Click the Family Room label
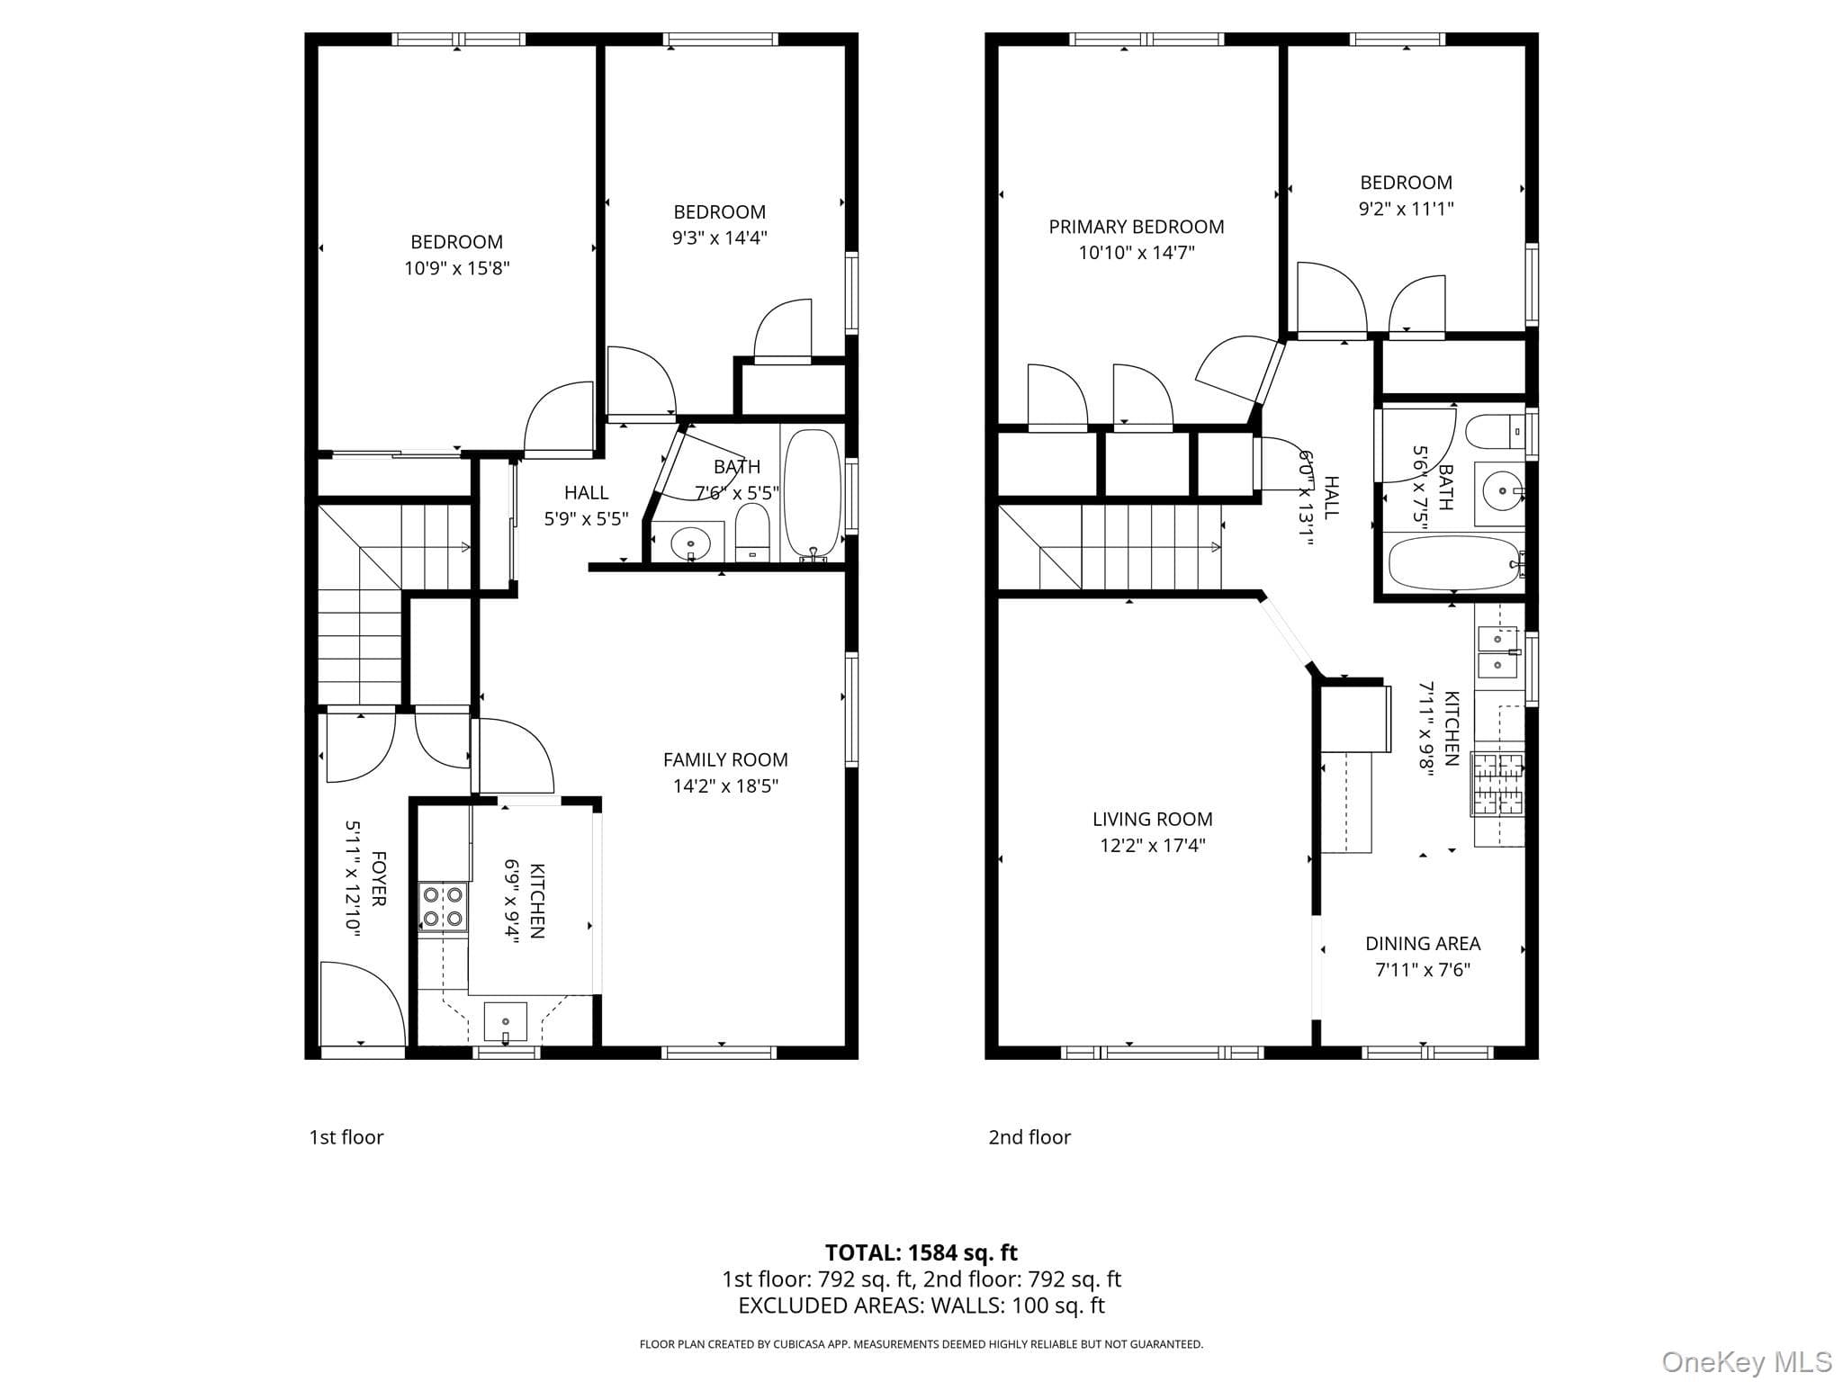(725, 759)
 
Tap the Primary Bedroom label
(1137, 227)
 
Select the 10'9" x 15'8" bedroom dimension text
(457, 268)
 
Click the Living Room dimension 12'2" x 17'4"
(1153, 845)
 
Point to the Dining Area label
(1423, 943)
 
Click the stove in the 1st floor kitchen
(443, 906)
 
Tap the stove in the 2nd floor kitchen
(1498, 784)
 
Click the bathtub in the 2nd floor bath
(1453, 562)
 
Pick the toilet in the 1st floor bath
(752, 531)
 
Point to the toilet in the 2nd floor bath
(1495, 431)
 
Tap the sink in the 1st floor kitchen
(506, 1022)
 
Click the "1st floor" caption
(346, 1137)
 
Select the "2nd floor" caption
(1029, 1137)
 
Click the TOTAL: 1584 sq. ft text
(921, 1252)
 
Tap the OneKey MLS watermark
(1747, 1362)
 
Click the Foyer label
(379, 879)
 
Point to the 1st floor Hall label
(587, 492)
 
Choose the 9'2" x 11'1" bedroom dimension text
(1407, 209)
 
